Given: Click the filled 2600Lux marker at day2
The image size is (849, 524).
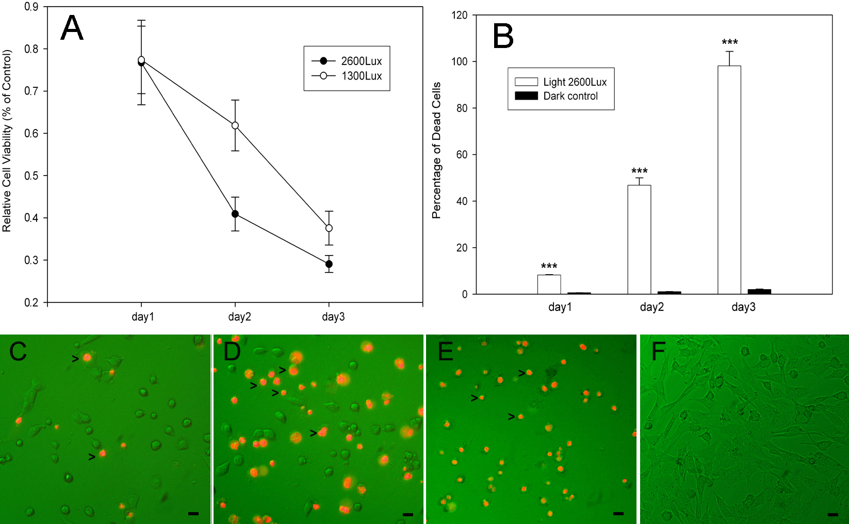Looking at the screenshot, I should click(235, 214).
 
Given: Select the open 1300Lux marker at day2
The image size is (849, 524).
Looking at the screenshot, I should click(235, 125).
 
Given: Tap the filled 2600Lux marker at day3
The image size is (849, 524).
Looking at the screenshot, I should click(329, 264).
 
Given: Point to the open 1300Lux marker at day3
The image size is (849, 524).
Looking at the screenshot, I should click(329, 228).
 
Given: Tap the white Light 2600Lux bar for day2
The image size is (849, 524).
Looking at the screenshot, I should click(639, 240).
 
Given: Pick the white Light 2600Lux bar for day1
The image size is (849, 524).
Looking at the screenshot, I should click(549, 284).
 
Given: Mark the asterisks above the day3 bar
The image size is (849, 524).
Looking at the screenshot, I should click(729, 42).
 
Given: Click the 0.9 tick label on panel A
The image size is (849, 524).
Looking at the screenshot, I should click(31, 7).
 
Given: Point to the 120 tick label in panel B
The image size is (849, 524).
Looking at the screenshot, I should click(459, 15).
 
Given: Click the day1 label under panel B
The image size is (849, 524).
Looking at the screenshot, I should click(560, 307).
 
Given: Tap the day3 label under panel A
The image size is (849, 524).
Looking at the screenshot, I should click(333, 316).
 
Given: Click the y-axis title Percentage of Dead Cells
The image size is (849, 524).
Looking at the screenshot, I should click(436, 150).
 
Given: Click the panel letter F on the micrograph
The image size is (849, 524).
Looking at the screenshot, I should click(659, 352).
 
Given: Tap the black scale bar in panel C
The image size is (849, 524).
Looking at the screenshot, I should click(193, 513).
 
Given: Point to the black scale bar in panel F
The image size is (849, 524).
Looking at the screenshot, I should click(832, 514).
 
